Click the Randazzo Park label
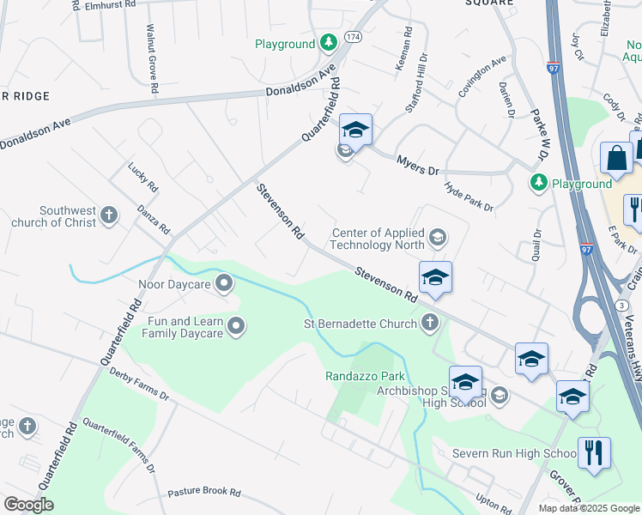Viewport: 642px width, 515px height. [x=365, y=376]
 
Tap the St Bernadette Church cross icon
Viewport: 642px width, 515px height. [x=431, y=324]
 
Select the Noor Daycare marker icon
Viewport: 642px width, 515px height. [x=225, y=282]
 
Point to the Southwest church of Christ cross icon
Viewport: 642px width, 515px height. [x=109, y=215]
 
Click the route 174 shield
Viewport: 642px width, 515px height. [x=353, y=37]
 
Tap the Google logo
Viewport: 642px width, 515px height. [x=28, y=505]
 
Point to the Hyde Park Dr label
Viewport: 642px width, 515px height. [x=469, y=197]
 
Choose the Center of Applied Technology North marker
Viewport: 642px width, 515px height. [x=438, y=237]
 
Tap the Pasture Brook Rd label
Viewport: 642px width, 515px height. [x=204, y=493]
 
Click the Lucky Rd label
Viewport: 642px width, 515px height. [x=143, y=177]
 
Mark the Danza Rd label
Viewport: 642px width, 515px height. [x=154, y=221]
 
